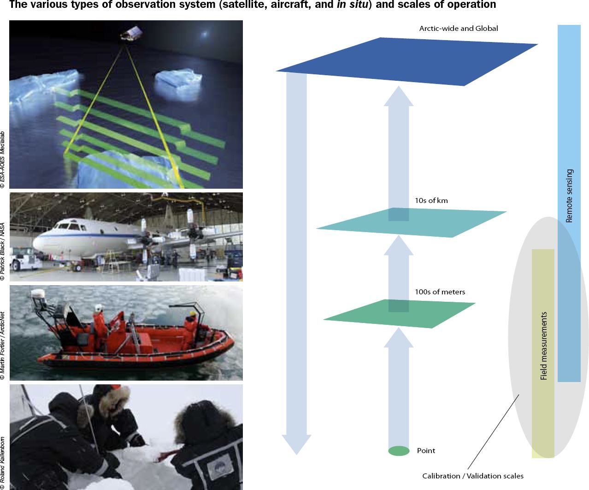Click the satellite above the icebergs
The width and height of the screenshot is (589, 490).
(x=131, y=34)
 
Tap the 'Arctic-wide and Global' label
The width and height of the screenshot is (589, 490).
(x=459, y=29)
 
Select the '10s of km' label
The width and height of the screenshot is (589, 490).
(x=431, y=201)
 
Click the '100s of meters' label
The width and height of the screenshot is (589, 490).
(x=440, y=292)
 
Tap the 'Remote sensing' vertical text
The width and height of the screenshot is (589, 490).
(x=569, y=196)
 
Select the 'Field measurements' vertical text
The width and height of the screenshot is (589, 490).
(x=543, y=346)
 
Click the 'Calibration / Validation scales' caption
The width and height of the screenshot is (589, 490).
(x=473, y=476)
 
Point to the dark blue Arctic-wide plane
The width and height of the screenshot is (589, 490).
(x=406, y=61)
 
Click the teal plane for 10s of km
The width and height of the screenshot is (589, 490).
(x=411, y=222)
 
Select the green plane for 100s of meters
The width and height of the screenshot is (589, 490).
(x=399, y=314)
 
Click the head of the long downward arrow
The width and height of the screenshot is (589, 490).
(x=296, y=444)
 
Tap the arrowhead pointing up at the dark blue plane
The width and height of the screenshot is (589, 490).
(x=399, y=96)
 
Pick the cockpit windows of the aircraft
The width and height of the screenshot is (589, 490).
(x=70, y=226)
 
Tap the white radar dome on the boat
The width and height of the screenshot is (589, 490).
(x=38, y=294)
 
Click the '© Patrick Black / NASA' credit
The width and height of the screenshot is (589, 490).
(x=3, y=251)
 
